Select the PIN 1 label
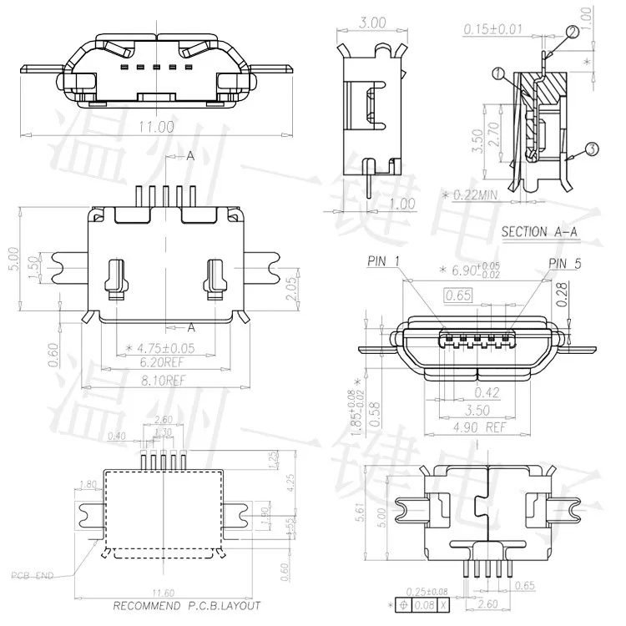pyautogui.click(x=384, y=262)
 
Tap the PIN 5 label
pyautogui.click(x=568, y=264)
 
